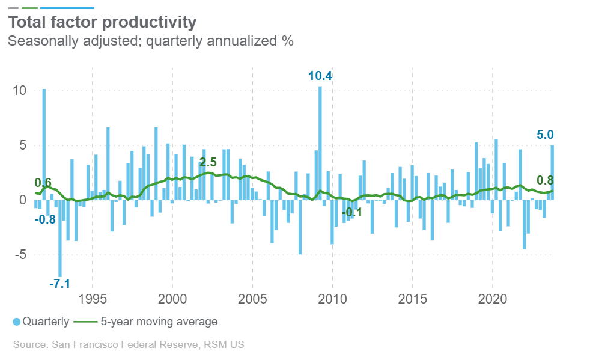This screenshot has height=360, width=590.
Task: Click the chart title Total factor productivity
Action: [102, 23]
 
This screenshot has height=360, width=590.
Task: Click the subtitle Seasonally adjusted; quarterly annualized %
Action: [150, 41]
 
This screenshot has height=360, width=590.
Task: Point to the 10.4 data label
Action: [320, 76]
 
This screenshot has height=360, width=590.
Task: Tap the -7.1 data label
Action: [60, 283]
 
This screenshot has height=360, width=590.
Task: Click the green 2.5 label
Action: [208, 162]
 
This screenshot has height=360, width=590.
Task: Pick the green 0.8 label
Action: [545, 180]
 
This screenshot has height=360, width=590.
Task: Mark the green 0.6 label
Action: [43, 183]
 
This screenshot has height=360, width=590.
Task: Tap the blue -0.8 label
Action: [45, 219]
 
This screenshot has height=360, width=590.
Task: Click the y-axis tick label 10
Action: [20, 91]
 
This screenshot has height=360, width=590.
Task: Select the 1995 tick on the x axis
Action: [93, 299]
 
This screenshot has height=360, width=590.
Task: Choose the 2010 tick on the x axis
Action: [332, 299]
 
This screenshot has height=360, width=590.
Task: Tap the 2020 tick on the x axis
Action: [493, 299]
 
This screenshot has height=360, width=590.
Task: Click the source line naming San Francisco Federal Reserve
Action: [129, 345]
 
